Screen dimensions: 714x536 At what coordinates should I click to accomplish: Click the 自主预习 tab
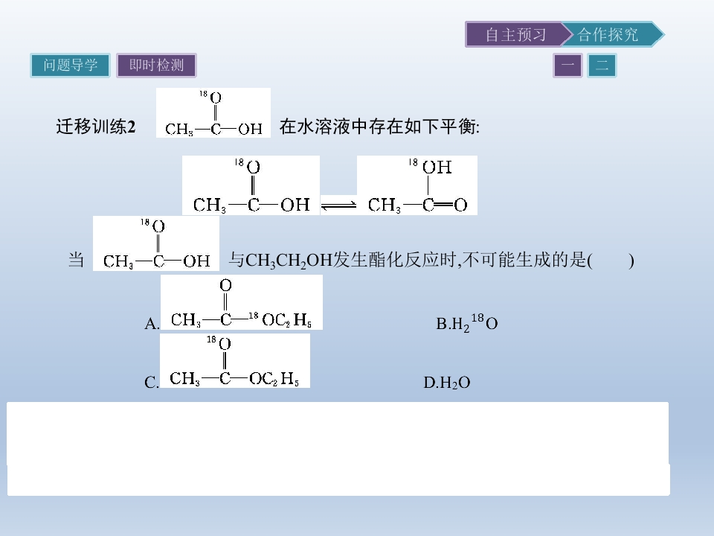coord(515,34)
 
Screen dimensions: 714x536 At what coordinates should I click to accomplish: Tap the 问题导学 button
coord(70,66)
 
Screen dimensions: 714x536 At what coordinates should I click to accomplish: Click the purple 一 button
coord(567,66)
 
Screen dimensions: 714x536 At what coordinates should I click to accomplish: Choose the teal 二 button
coord(602,66)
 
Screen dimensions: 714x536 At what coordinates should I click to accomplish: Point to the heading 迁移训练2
coord(96,127)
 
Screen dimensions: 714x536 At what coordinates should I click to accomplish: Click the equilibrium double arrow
coord(338,205)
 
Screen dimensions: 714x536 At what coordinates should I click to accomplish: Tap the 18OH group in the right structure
coord(431,166)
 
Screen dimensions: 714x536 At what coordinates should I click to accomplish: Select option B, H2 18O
coord(467,322)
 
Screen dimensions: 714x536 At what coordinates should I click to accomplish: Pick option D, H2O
coord(447,382)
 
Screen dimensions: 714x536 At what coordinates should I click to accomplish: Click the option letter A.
coord(152,324)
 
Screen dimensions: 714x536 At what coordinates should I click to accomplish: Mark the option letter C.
coord(152,382)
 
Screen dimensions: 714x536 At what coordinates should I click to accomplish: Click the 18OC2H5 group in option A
coord(280,319)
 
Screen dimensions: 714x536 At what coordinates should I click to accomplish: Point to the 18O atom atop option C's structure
coord(219,342)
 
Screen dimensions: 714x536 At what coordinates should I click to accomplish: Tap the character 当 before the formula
coord(76,260)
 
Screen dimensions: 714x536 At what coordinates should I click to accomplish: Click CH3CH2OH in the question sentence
coord(289,261)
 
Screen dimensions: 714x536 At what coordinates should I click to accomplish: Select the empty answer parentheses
coord(611,261)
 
